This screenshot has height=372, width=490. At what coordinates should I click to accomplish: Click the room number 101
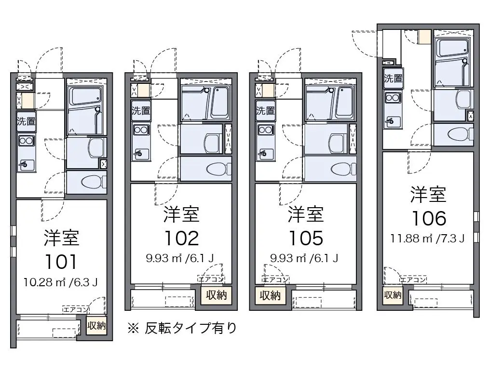point(61,262)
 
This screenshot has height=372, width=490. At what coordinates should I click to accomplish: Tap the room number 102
point(181,239)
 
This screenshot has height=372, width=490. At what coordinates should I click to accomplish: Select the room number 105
point(306,239)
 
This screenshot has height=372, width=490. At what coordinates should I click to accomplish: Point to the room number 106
point(429,218)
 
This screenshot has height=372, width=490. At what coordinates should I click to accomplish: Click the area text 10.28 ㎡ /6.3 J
point(61,282)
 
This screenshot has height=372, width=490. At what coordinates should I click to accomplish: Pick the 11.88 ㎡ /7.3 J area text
point(427,239)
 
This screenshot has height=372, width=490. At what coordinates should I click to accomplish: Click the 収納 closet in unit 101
point(96,326)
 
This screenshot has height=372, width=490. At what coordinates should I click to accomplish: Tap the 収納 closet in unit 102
point(216,295)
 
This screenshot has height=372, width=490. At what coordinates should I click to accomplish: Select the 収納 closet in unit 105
point(270,295)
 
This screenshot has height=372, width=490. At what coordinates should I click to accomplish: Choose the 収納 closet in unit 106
point(393,295)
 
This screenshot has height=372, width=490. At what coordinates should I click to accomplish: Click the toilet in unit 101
point(94,182)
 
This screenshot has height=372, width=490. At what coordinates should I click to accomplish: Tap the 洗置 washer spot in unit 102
point(141,110)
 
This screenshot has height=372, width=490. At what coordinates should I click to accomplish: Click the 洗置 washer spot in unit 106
point(394,78)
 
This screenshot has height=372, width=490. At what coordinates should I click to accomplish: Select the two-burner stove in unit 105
point(265,130)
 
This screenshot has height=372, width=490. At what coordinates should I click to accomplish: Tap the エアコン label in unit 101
point(76,309)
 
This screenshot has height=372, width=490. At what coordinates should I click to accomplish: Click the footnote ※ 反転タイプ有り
point(182,328)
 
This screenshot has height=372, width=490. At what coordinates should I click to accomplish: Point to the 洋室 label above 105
point(306,214)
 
